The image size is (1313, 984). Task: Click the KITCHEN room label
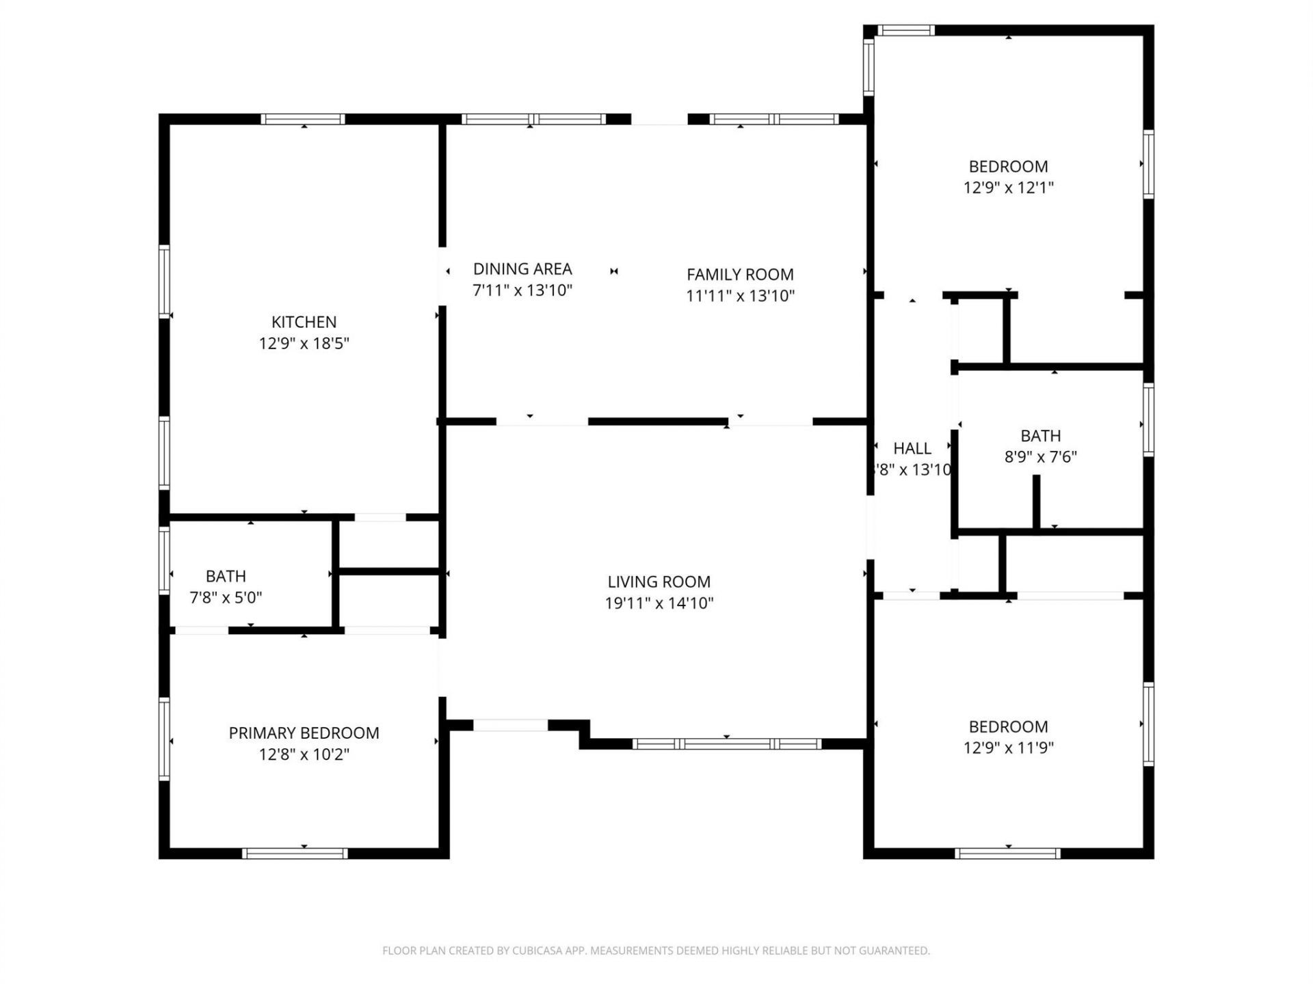304,322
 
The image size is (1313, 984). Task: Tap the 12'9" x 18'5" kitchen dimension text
304,343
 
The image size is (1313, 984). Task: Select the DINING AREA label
522,269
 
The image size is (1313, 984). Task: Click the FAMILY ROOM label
740,274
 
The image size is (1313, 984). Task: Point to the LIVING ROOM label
659,582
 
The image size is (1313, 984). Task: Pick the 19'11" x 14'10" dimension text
659,603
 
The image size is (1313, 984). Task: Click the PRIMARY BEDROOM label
304,733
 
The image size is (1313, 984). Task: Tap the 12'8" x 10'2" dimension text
304,754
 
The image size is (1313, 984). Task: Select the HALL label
912,448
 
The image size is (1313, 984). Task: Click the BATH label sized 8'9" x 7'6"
1040,435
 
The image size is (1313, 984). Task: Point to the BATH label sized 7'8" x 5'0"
226,576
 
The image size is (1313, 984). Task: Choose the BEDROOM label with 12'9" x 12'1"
1008,166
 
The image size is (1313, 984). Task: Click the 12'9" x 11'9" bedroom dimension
1008,747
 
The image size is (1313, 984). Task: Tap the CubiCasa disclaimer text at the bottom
656,951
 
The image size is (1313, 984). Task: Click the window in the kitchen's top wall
303,119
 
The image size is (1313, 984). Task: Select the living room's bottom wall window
726,743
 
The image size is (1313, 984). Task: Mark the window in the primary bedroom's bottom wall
295,853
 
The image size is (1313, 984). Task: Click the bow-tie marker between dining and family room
614,271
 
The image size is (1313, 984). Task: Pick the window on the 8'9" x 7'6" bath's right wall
1149,420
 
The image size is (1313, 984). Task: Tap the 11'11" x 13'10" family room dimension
740,295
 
